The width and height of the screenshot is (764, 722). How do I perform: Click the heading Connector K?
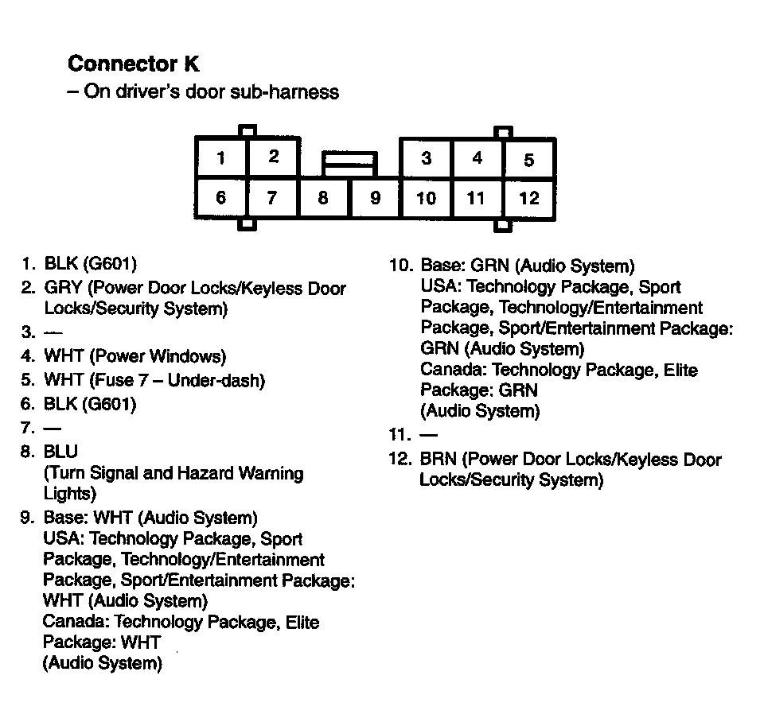[134, 63]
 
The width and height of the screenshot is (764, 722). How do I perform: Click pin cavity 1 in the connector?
[220, 157]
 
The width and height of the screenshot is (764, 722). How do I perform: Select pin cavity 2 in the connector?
[273, 157]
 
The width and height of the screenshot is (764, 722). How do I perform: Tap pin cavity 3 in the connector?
[426, 158]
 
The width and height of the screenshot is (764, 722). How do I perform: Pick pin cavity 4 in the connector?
[477, 158]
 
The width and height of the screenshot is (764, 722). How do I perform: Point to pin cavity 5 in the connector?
[529, 159]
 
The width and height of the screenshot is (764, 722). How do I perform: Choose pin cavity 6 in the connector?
[220, 198]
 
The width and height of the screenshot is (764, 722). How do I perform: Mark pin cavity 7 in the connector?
[272, 198]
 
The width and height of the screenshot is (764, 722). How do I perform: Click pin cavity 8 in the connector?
[323, 198]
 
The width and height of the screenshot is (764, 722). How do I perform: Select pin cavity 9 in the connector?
[376, 198]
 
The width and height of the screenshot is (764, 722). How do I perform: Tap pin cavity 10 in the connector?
[426, 198]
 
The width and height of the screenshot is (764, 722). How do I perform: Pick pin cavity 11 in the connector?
[476, 198]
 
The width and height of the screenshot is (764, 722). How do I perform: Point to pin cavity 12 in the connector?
[529, 198]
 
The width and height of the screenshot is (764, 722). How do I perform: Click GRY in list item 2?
[62, 288]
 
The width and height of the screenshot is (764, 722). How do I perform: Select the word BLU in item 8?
[60, 452]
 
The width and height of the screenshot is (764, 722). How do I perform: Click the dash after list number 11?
[428, 435]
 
